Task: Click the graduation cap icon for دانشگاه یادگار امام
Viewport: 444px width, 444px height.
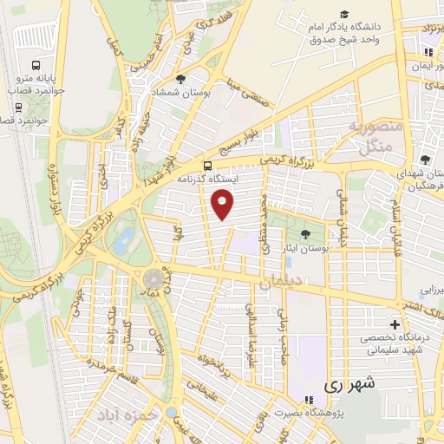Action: [x=344, y=15]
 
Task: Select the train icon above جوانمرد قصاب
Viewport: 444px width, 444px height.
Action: [x=19, y=108]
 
